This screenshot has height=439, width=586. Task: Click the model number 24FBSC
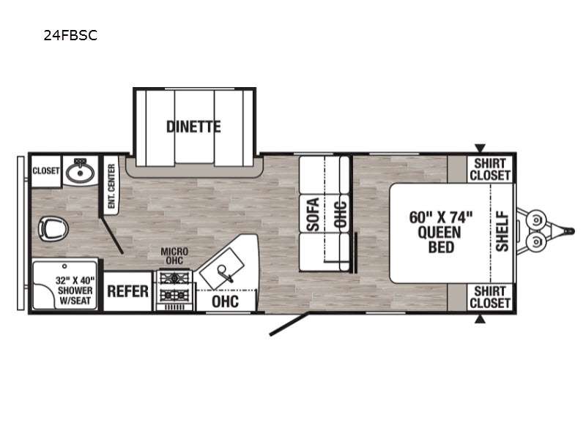coord(70,35)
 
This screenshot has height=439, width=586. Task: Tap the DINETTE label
coord(193,127)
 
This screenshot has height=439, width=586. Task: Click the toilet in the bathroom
coord(53,228)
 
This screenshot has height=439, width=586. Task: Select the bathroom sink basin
coord(80,172)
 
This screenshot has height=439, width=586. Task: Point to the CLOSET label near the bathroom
coord(46,170)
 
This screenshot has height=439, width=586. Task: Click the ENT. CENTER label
coord(111,187)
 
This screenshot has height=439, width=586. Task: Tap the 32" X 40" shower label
coord(75,290)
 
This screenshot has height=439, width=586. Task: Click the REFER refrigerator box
coord(127,291)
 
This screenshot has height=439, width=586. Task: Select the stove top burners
coord(174,286)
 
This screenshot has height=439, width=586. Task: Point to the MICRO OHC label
coord(174,255)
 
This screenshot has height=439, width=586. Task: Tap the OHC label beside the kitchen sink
coord(225,301)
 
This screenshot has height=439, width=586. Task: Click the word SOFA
coord(314,214)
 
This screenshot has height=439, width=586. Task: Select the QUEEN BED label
coord(441,232)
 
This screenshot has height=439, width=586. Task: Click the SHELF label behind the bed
coord(502,231)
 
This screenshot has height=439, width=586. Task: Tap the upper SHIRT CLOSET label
coord(490,170)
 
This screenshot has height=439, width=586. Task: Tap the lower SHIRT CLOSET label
coord(490,297)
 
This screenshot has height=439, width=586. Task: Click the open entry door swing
coord(289,324)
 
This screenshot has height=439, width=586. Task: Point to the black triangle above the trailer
coord(480,148)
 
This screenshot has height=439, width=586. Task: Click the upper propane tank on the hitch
coord(536,220)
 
